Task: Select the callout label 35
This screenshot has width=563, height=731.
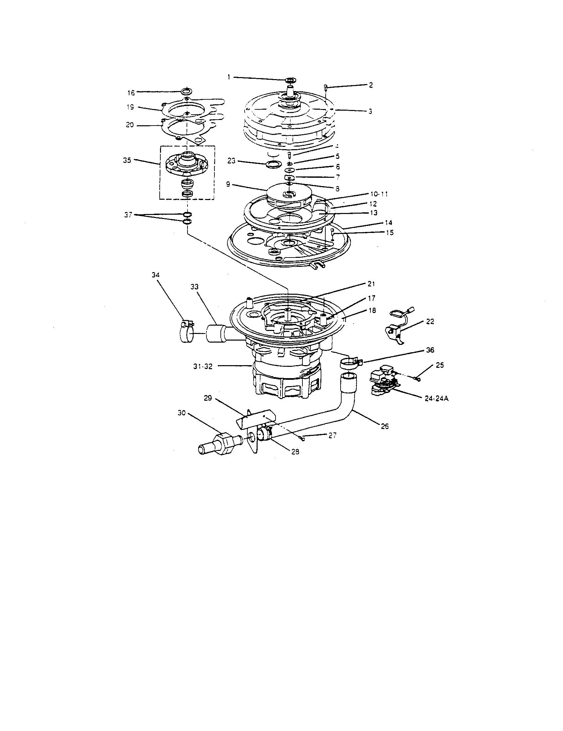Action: (127, 160)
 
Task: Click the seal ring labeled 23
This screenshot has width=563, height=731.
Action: (272, 164)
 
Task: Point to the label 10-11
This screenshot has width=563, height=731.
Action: (379, 194)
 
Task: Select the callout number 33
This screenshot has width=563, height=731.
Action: (194, 287)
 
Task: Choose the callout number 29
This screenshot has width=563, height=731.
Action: (208, 399)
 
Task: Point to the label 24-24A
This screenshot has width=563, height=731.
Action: (436, 399)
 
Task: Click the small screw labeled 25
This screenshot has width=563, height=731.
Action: (417, 378)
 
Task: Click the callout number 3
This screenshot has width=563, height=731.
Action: (370, 111)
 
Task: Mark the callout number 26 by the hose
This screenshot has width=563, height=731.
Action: (385, 427)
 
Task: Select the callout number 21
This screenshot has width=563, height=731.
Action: (371, 284)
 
